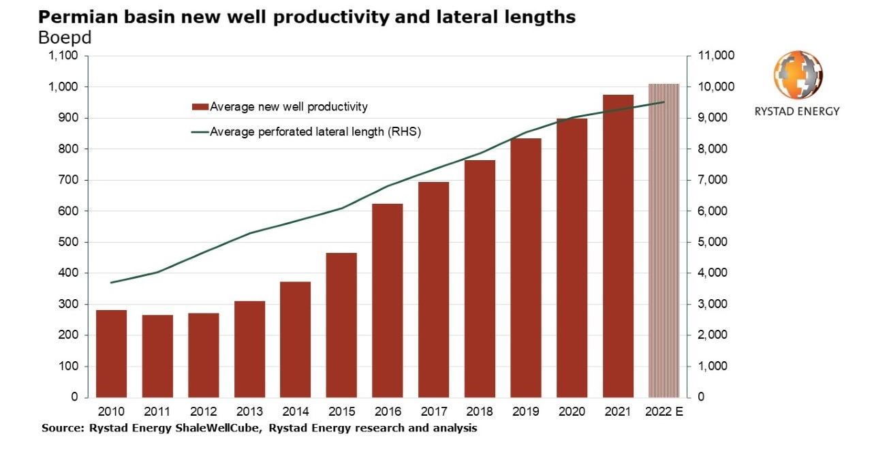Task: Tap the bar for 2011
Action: click(x=157, y=356)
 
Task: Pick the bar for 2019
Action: click(x=526, y=267)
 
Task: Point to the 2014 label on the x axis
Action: click(x=295, y=411)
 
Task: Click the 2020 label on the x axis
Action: click(x=572, y=411)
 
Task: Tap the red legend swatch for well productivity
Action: click(x=200, y=107)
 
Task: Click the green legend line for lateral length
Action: click(x=200, y=132)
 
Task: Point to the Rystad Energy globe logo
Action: click(x=798, y=75)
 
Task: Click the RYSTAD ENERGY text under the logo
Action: click(x=797, y=111)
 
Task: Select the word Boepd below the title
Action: click(x=65, y=37)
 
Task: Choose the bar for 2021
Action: click(x=618, y=245)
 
